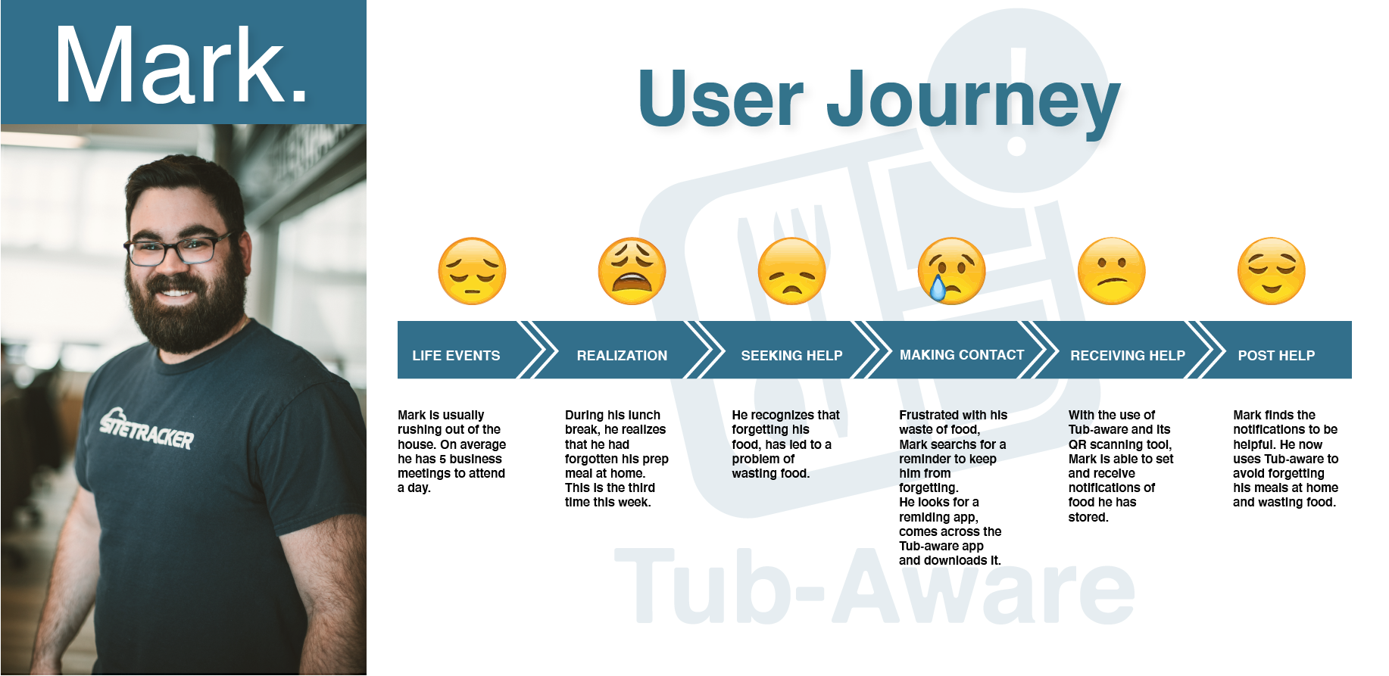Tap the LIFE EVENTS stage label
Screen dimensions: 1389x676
456,355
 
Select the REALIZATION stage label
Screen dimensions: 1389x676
622,355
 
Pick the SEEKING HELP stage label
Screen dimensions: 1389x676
791,355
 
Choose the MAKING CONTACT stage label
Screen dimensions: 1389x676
962,354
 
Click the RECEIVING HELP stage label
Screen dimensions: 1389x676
1128,355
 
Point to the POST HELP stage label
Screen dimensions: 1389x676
1276,355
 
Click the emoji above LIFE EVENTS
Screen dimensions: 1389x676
472,271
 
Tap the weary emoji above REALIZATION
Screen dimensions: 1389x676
632,271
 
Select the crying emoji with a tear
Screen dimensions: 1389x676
951,271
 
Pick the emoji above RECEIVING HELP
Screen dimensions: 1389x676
1111,271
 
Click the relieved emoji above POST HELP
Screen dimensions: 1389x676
1271,271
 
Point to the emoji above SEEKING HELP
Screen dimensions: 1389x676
791,271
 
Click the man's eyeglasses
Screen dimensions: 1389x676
179,249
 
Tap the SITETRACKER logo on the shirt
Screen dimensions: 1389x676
147,428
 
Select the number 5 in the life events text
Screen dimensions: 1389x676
442,459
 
